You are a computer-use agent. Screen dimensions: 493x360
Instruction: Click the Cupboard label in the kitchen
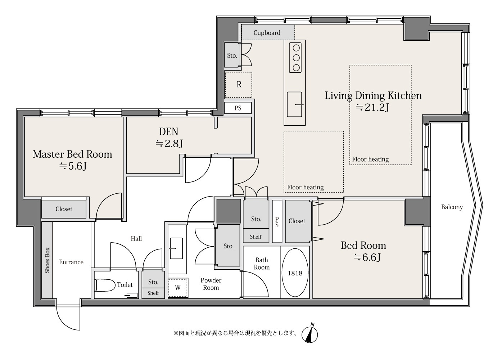[x=267, y=33]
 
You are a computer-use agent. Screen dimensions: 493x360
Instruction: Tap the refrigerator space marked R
[x=239, y=85]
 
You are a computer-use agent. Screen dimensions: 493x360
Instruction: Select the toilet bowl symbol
[x=105, y=285]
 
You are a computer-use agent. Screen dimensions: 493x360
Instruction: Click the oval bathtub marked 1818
[x=295, y=273]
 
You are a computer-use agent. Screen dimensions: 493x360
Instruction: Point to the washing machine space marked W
[x=178, y=288]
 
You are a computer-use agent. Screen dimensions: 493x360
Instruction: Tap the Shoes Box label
[x=47, y=260]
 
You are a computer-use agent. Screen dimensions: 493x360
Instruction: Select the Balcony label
[x=452, y=207]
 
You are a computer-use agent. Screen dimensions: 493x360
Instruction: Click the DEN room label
[x=168, y=132]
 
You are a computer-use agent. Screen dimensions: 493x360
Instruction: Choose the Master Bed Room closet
[x=64, y=209]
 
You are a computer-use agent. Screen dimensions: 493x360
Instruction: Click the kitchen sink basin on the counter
[x=294, y=104]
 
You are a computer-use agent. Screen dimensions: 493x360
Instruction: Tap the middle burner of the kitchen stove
[x=296, y=58]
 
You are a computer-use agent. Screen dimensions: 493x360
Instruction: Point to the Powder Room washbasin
[x=176, y=248]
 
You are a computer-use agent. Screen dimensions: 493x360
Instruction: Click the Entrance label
[x=71, y=262]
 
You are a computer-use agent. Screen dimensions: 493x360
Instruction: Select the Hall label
[x=136, y=238]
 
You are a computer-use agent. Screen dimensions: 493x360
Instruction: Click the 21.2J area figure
[x=372, y=107]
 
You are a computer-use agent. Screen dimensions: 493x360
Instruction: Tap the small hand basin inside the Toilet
[x=130, y=295]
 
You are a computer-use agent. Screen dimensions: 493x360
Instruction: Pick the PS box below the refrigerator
[x=238, y=108]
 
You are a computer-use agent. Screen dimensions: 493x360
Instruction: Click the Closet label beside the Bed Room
[x=297, y=221]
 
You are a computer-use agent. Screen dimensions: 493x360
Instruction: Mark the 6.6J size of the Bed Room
[x=367, y=257]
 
